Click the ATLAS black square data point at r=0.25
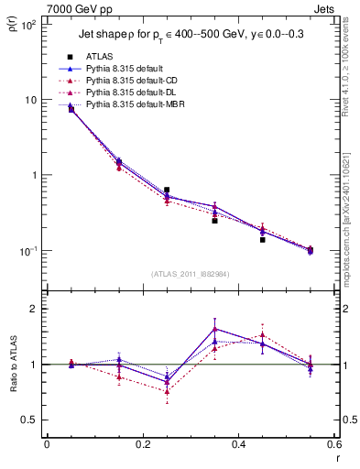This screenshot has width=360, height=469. pos(167,190)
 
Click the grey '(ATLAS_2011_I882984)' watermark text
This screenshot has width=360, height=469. pos(191,274)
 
